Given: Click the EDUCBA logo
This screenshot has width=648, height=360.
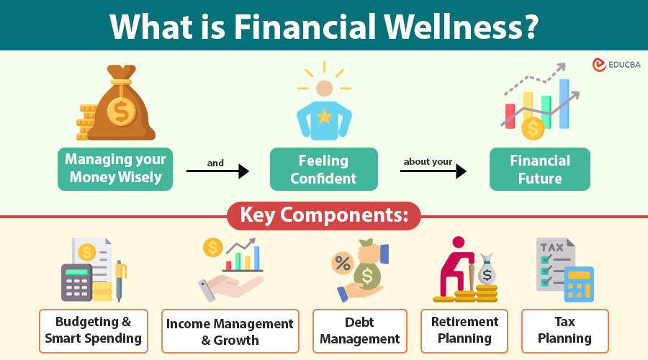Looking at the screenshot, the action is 616,65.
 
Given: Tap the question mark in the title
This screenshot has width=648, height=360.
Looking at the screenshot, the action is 529,27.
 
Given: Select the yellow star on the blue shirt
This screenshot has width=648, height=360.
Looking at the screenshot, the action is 325,116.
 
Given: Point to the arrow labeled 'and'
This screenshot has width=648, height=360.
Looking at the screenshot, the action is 217,171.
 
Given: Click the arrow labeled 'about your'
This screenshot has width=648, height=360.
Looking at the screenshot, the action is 433,171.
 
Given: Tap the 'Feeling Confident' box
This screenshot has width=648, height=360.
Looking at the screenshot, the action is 323,169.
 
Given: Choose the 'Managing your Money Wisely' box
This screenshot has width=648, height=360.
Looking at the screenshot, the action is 115,169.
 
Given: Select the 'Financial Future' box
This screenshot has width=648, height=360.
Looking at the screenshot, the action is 540,169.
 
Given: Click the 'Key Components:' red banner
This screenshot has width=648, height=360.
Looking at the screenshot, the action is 324,216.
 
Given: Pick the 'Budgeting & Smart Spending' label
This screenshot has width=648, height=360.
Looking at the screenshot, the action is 94,331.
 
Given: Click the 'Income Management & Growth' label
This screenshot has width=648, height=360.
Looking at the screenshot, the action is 230,331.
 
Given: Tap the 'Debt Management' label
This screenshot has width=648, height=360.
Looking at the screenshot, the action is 360,331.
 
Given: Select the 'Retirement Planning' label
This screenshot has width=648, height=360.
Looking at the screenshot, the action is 464,331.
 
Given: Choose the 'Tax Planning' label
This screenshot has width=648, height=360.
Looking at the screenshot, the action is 565,331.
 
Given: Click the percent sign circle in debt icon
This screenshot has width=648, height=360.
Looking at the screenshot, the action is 343,263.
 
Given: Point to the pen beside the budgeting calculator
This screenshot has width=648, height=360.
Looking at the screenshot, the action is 120,281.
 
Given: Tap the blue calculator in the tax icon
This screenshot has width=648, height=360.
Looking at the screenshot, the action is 579,284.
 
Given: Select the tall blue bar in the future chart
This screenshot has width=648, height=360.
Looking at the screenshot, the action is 564,104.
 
